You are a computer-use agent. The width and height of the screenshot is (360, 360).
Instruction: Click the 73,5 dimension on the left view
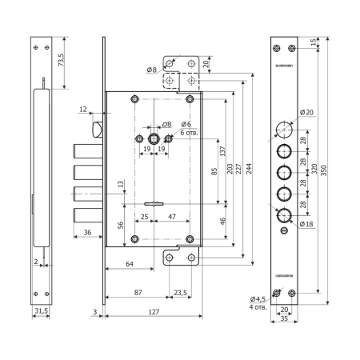coord(62,58)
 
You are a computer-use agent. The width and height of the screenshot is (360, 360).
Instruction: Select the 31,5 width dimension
coord(42,310)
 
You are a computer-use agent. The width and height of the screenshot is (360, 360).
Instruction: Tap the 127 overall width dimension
coord(152,314)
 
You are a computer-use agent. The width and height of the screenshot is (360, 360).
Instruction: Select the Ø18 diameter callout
coord(306,225)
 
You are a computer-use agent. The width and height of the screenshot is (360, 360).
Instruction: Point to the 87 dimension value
coord(139,293)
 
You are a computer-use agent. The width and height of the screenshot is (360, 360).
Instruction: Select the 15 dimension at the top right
coord(312,42)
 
